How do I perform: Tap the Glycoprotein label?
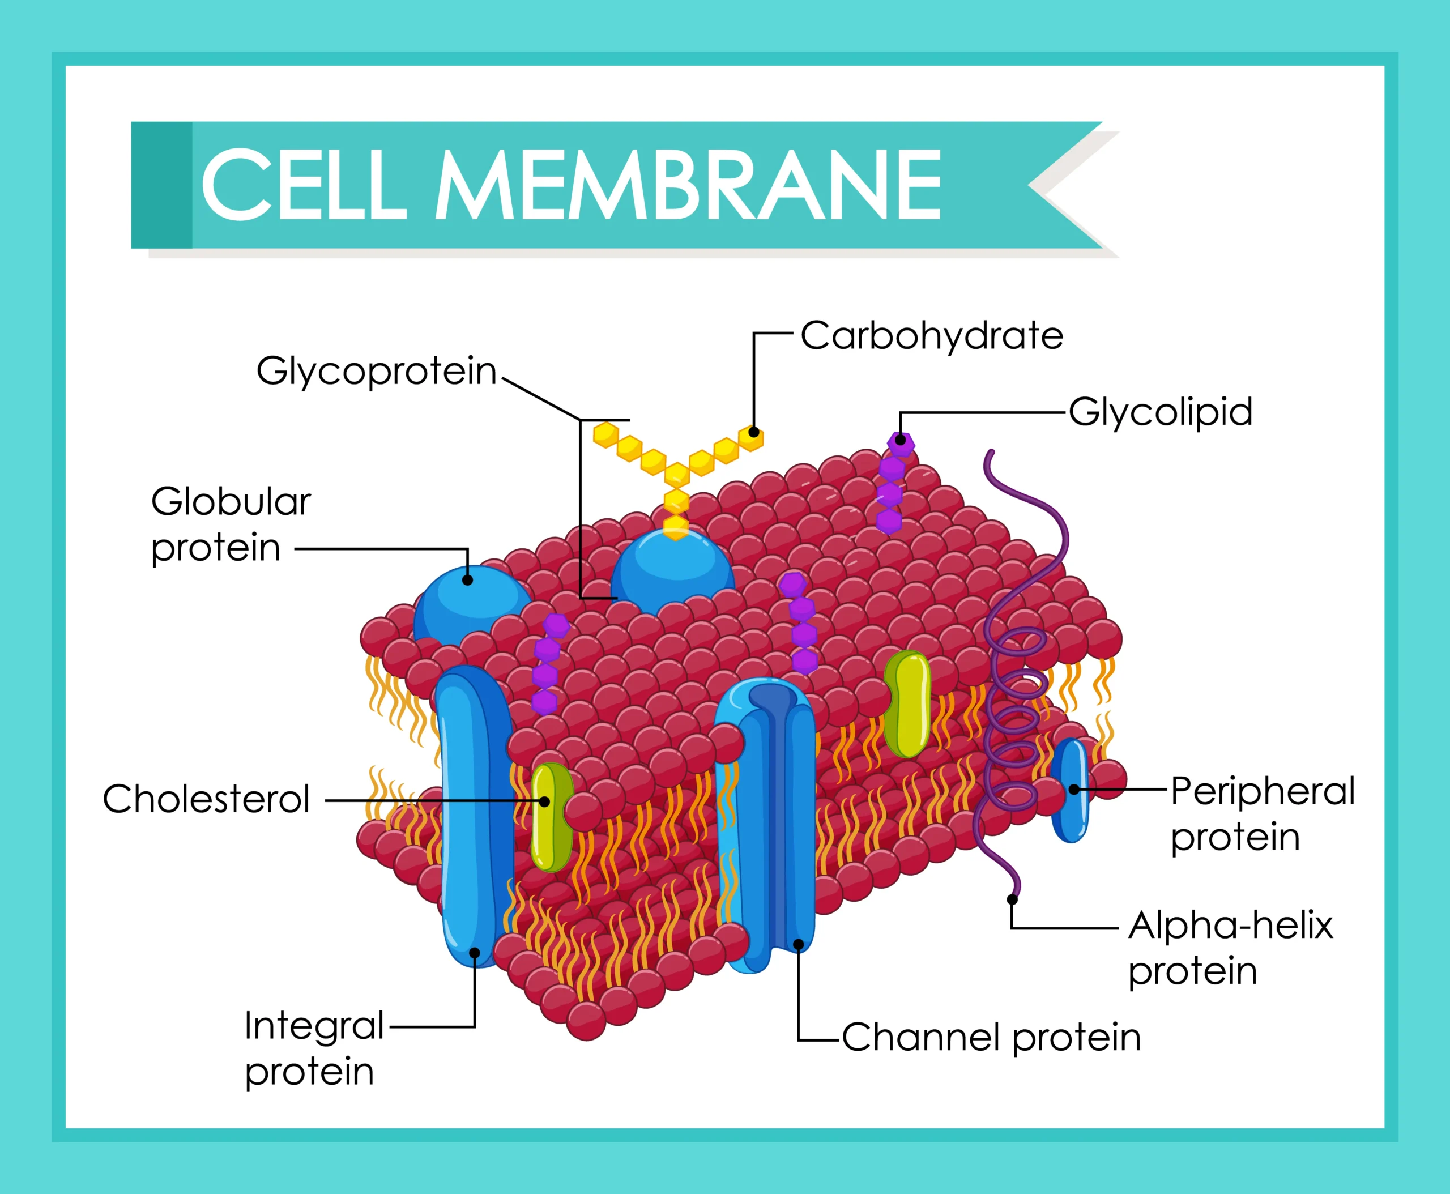pyautogui.click(x=376, y=372)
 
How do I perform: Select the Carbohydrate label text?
pyautogui.click(x=932, y=336)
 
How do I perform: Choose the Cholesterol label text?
pyautogui.click(x=206, y=799)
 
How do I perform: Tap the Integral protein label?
pyautogui.click(x=313, y=1048)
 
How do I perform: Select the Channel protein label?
pyautogui.click(x=991, y=1037)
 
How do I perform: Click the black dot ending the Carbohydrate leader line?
pyautogui.click(x=754, y=433)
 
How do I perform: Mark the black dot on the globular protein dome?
pyautogui.click(x=468, y=580)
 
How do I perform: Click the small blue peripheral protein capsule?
pyautogui.click(x=1071, y=791)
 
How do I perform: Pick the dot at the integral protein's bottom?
pyautogui.click(x=475, y=953)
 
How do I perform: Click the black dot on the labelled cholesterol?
pyautogui.click(x=545, y=802)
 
